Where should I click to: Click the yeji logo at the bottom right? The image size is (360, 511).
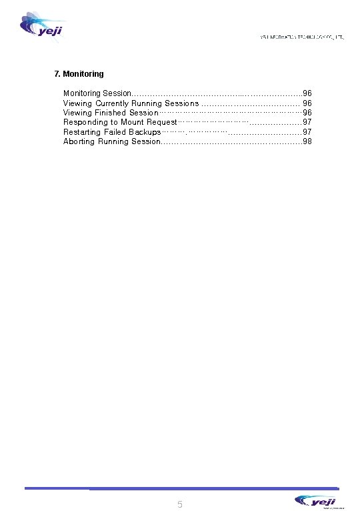317,500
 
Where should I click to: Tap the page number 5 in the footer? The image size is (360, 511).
180,504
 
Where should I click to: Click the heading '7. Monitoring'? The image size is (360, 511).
79,73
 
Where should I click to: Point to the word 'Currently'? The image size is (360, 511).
119,103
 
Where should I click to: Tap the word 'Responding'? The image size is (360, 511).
85,123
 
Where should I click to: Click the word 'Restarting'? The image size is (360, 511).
83,132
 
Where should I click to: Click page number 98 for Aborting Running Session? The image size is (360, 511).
307,141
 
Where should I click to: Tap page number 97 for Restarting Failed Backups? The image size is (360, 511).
307,132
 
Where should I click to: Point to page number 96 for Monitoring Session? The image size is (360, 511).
307,93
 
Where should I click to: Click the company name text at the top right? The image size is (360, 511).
301,37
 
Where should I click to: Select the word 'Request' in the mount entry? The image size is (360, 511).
162,123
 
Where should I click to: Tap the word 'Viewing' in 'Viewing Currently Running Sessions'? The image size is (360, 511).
78,103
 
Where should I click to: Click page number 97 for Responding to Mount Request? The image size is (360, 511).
307,123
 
